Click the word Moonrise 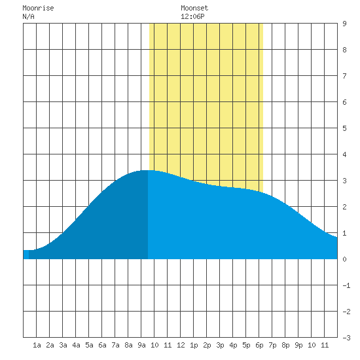click(38, 8)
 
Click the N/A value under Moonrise click(28, 16)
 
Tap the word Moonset click(194, 8)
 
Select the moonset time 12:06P click(192, 16)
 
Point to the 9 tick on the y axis click(344, 24)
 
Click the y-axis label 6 click(344, 102)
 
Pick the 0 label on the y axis click(344, 259)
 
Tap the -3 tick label click(346, 338)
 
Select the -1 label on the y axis click(346, 285)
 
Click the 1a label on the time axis click(37, 345)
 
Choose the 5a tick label click(89, 345)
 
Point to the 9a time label click(141, 345)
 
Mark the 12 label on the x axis click(181, 345)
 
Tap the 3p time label click(220, 345)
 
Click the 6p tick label click(259, 345)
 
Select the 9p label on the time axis click(298, 345)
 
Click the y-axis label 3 click(344, 181)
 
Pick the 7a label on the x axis click(115, 345)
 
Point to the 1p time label click(194, 345)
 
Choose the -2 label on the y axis click(346, 312)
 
